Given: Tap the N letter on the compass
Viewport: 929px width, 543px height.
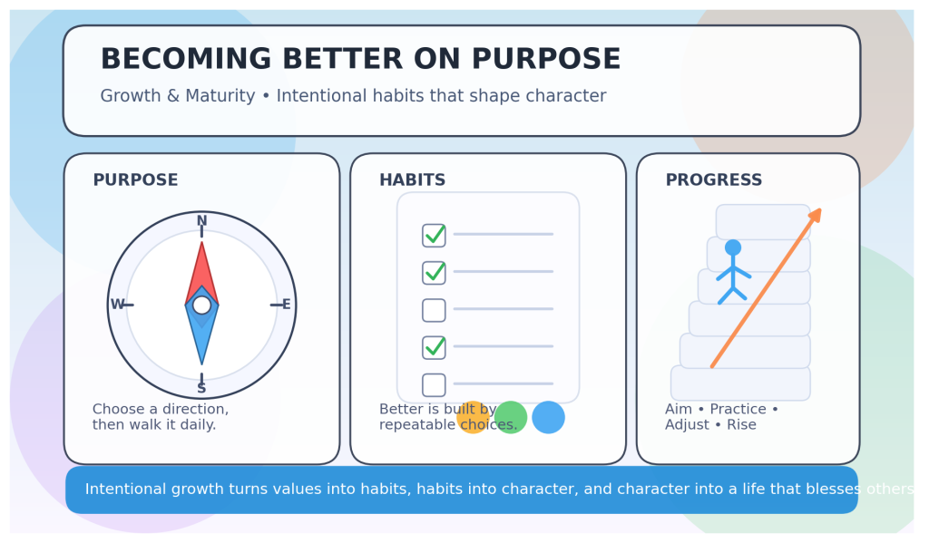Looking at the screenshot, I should click(x=201, y=221).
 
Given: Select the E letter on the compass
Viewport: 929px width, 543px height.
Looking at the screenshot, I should click(x=286, y=305).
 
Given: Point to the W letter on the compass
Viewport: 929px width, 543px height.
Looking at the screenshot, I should click(x=117, y=305).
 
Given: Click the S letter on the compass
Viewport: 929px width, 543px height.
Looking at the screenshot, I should click(x=201, y=389).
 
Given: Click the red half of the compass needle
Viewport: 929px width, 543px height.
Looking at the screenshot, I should click(x=201, y=272).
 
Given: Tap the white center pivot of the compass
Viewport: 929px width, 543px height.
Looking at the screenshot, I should click(x=201, y=305).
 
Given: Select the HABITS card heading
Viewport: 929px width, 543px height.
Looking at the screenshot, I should click(x=412, y=180).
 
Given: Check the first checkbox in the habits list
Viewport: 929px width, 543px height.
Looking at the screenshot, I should click(x=434, y=235).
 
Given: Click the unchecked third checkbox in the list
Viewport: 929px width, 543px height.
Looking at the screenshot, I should click(x=434, y=310).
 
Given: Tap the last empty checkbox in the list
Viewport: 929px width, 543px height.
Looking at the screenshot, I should click(x=434, y=384).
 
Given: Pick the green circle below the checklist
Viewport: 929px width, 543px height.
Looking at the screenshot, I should click(x=511, y=417).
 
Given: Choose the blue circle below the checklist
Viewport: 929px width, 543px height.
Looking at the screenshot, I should click(x=548, y=417).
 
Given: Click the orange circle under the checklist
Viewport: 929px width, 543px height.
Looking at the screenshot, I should click(x=473, y=418).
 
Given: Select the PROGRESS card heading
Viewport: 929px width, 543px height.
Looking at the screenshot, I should click(x=713, y=180).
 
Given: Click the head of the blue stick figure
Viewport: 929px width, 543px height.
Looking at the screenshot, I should click(x=733, y=247).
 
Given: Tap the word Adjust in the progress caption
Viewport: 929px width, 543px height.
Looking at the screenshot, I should click(x=687, y=425).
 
